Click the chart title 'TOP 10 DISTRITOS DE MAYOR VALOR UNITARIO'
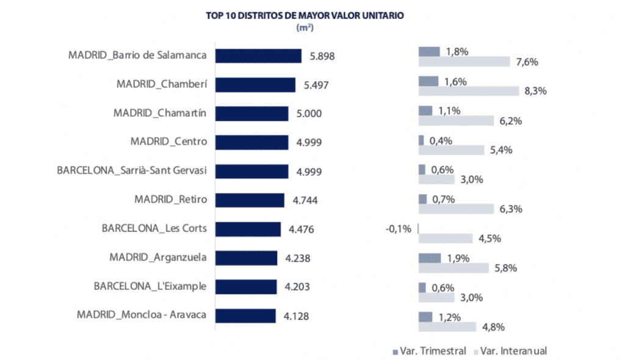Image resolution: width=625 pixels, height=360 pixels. coord(305,16)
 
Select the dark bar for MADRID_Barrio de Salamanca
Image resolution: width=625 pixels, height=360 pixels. coord(259,56)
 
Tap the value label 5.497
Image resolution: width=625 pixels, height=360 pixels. coord(316,85)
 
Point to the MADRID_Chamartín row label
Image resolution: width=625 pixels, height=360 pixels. coord(160,113)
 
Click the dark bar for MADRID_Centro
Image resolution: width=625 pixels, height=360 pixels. coord(252,142)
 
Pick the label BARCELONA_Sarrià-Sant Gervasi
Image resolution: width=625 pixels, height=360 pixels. coord(132,170)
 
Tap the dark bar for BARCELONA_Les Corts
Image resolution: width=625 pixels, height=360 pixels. coord(248,229)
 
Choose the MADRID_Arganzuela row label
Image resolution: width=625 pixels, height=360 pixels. coord(157,257)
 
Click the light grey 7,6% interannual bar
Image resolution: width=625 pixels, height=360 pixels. coord(464,62)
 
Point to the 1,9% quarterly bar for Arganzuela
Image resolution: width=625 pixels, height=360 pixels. coord(430,257)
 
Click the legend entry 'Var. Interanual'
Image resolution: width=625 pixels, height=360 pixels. coord(509,351)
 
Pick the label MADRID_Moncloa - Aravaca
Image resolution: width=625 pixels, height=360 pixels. coord(142,315)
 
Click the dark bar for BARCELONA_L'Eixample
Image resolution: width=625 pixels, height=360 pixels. coord(247,287)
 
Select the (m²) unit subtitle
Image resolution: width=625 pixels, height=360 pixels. coord(305,28)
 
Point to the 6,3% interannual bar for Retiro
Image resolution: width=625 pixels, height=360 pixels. coord(456,209)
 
